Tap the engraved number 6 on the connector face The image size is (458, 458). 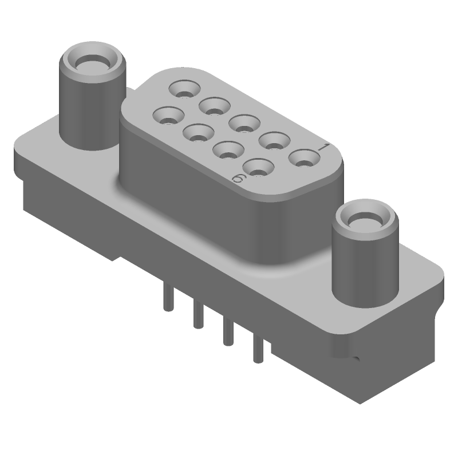pyautogui.click(x=240, y=179)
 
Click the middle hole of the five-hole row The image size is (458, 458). pyautogui.click(x=243, y=123)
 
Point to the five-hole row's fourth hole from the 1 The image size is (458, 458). pyautogui.click(x=214, y=105)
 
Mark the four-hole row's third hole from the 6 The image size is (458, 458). pyautogui.click(x=198, y=134)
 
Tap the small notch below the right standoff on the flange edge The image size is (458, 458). pyautogui.click(x=356, y=360)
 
